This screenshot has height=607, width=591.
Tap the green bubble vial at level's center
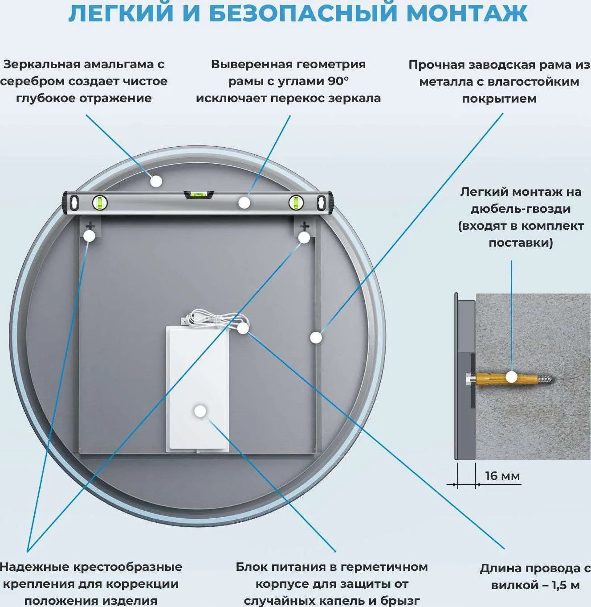coord(199,195)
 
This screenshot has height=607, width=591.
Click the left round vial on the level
coord(100,203)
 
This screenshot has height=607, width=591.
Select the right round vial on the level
coord(296,203)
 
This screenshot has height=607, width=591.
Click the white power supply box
coord(198,388)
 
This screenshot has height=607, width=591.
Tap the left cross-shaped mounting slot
coord(90,226)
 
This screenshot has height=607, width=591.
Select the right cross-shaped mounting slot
coord(304,226)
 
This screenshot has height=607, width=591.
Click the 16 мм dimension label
coord(502,476)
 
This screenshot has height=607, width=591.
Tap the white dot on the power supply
coord(200,411)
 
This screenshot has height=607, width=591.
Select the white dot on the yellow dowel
coord(511,377)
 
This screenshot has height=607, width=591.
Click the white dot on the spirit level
coord(244,203)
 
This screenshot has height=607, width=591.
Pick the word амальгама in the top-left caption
coord(118,65)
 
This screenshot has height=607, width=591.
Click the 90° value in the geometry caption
coord(338,82)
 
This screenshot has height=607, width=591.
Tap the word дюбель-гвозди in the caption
coord(521,209)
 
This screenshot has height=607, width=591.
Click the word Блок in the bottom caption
coord(252,567)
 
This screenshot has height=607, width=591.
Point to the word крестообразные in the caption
coord(128,567)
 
